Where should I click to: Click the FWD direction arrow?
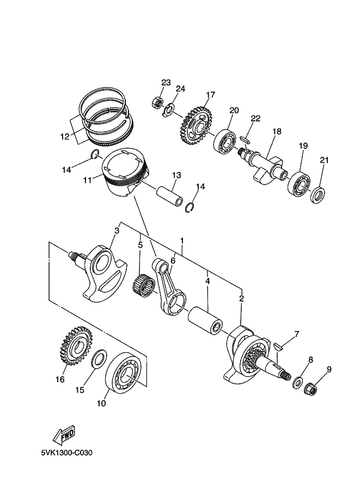64,434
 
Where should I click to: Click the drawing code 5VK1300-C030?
66,452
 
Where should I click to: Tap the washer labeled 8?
297,383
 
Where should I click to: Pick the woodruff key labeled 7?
278,346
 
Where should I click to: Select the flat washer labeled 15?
99,359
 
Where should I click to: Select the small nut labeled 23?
157,103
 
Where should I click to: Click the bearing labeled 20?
225,141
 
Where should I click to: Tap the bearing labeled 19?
300,184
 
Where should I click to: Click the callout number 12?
65,137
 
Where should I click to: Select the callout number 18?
277,131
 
